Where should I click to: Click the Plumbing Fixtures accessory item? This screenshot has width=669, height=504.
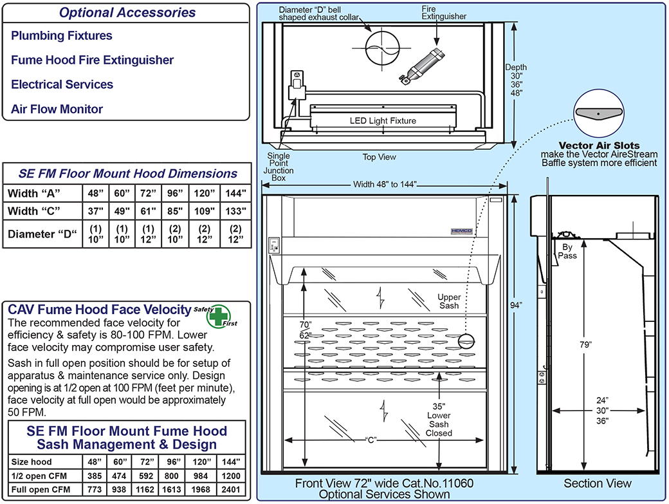click(62, 36)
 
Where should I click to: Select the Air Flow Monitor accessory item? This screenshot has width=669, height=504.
click(57, 109)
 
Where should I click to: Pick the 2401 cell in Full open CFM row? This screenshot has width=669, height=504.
click(230, 490)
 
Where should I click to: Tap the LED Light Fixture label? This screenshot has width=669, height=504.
click(383, 120)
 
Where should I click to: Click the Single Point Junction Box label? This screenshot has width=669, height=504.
click(279, 167)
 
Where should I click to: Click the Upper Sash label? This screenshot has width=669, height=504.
click(448, 301)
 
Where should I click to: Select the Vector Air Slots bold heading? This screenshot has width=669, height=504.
click(599, 145)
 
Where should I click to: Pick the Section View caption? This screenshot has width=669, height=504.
click(598, 483)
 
